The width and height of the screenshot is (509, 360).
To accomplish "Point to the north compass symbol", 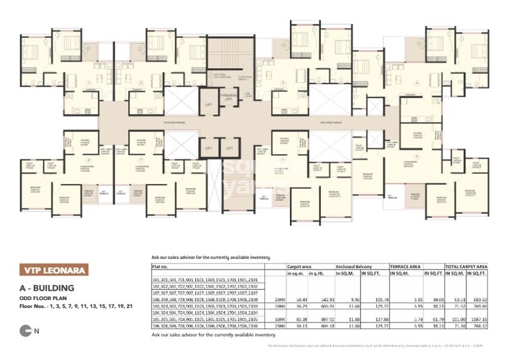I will pyautogui.click(x=26, y=330).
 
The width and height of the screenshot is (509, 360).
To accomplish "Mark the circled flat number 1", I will pyautogui.click(x=89, y=84).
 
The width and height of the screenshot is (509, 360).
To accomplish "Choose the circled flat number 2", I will pyautogui.click(x=141, y=84).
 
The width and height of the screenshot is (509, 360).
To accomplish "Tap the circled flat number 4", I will pyautogui.click(x=417, y=84).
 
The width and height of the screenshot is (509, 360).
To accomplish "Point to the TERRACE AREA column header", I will pyautogui.click(x=408, y=266).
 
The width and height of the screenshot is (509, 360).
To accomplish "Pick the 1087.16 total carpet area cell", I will pyautogui.click(x=480, y=319).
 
